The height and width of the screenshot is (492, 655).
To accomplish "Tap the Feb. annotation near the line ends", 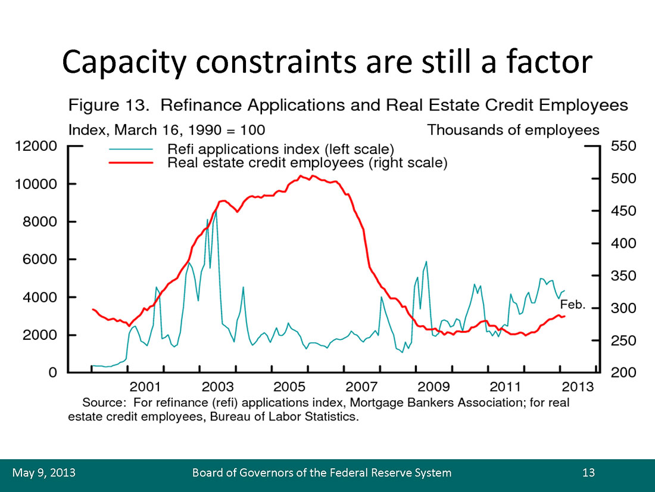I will coord(573,305).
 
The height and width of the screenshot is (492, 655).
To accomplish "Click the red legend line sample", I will coord(130,162).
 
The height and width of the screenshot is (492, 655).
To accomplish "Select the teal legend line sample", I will coord(130,149).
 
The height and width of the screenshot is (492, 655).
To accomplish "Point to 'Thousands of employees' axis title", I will coord(513,129).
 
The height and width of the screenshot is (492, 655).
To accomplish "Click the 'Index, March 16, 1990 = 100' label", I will coord(167,129).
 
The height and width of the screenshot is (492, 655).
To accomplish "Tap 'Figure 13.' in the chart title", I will coord(107,106).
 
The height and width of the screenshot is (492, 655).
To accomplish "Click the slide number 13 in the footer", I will coord(588,473).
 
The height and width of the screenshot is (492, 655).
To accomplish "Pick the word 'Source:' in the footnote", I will coord(104,403).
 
